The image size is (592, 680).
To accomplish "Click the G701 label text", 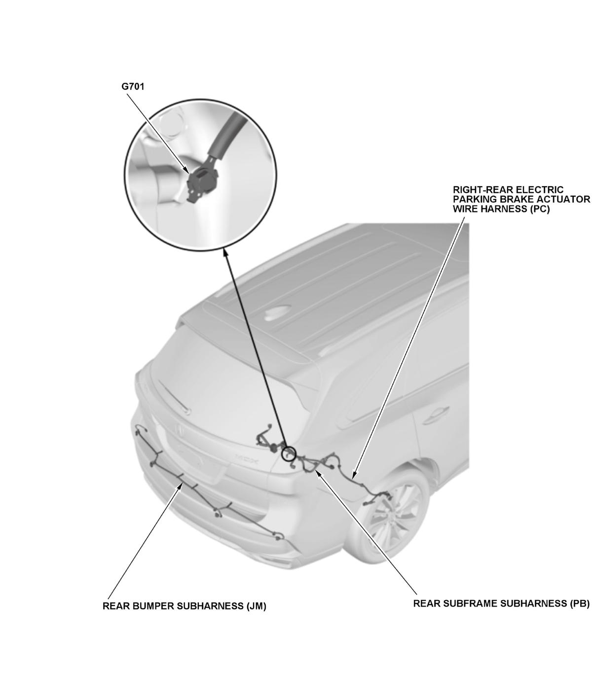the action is pos(132,86).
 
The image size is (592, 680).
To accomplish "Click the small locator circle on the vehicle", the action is pos(288,453).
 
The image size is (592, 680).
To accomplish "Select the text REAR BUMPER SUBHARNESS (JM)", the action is pos(184,606).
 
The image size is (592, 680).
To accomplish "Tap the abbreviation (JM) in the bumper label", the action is pos(256,607).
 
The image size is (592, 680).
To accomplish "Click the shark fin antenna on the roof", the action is pos(276,313).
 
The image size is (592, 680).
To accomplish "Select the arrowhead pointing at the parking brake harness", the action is pos(355,475).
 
